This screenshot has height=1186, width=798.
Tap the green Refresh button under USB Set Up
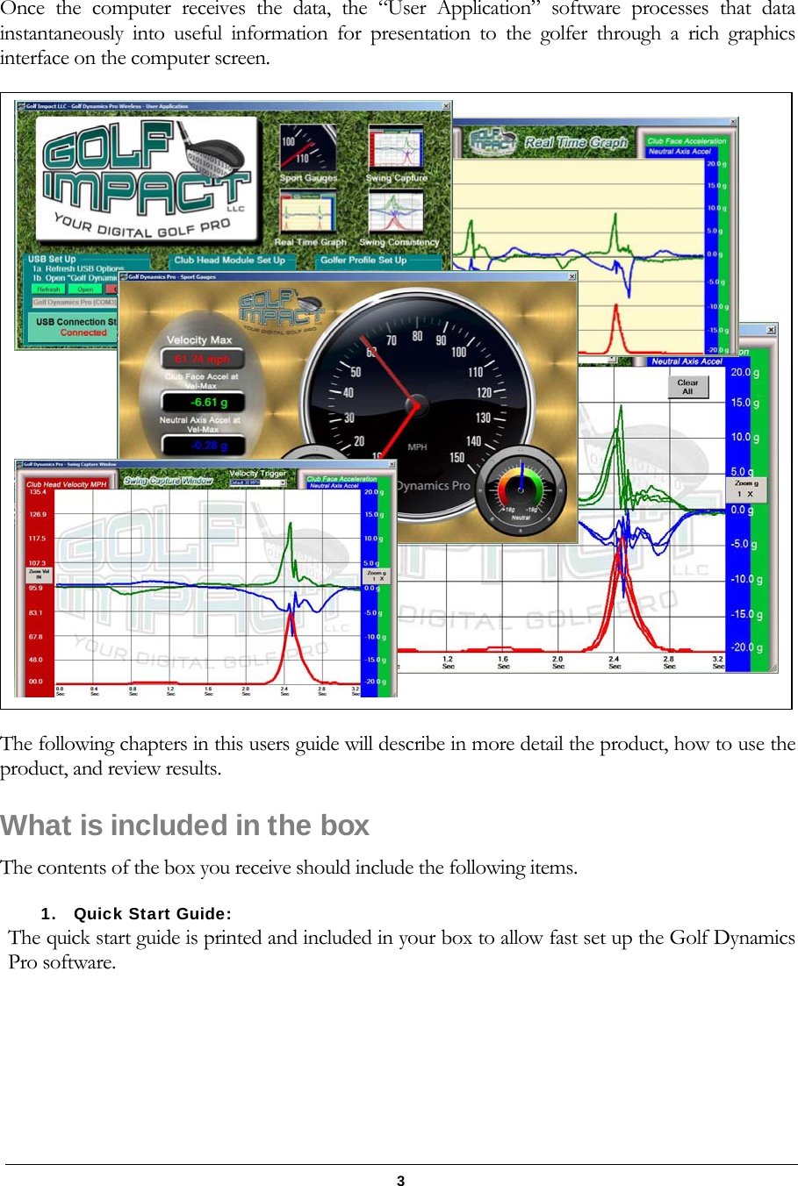pos(49,289)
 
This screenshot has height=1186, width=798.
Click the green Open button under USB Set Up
pos(85,289)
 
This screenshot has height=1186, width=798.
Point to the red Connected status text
pos(83,332)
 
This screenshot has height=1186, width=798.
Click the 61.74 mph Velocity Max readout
pos(202,359)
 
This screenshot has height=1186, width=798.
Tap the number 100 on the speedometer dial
pos(458,352)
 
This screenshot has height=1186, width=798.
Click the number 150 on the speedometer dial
pos(457,457)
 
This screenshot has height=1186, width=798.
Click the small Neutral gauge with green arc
pos(521,490)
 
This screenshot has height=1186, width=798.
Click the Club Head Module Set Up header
pos(229,260)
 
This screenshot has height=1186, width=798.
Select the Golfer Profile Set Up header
pos(363,260)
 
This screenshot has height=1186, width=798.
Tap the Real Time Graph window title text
pos(576,142)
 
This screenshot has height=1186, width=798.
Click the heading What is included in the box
pos(185,825)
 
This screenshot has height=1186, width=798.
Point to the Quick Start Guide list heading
pos(152,913)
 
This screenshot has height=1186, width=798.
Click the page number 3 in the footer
pos(400,1180)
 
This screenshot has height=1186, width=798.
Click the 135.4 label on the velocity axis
pos(38,492)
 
